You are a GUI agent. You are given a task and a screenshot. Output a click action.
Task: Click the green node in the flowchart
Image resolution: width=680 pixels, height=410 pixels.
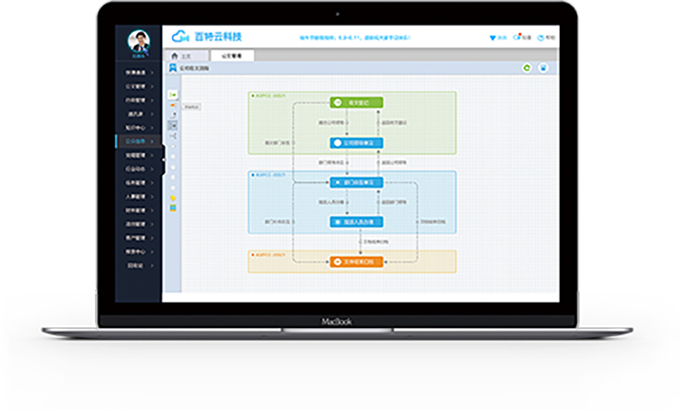click(356, 102)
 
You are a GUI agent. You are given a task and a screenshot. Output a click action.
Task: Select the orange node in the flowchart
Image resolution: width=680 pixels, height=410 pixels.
click(356, 262)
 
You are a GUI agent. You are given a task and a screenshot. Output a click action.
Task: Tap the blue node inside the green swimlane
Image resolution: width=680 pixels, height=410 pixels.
click(356, 143)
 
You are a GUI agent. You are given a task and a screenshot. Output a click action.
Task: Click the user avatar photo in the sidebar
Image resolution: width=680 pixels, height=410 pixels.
click(139, 42)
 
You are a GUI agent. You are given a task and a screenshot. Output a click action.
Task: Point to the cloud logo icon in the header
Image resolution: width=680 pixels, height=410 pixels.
click(180, 36)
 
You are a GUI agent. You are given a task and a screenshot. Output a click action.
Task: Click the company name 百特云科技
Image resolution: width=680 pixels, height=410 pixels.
click(218, 36)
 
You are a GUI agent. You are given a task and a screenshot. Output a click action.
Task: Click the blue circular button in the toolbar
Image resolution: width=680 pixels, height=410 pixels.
click(543, 68)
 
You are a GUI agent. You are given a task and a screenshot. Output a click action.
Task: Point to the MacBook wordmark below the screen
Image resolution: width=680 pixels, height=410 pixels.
click(337, 321)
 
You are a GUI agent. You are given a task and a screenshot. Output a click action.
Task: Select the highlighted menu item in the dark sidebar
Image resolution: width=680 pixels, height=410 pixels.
click(139, 141)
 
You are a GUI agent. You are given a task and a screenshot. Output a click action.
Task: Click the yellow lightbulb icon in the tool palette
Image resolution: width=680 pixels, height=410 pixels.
click(173, 198)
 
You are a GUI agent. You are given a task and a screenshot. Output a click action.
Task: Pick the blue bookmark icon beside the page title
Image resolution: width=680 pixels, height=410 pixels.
click(173, 68)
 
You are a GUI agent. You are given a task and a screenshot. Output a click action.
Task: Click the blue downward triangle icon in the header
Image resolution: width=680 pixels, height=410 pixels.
click(493, 38)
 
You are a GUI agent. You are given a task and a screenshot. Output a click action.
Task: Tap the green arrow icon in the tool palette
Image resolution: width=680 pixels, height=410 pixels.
click(173, 94)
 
